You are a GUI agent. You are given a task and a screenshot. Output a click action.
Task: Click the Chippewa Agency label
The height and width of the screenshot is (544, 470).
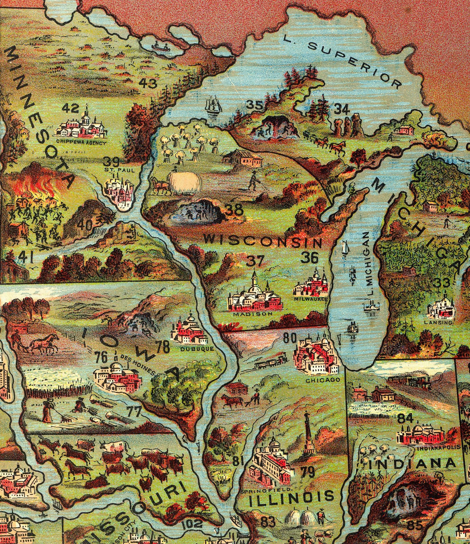(x=81, y=143)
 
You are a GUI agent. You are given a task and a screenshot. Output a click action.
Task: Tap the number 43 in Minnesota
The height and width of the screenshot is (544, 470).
(x=148, y=84)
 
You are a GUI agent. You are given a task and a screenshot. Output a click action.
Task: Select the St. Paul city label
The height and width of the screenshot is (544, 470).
(x=119, y=170)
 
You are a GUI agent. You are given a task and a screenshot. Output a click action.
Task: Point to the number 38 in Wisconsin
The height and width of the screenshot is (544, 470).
(x=234, y=210)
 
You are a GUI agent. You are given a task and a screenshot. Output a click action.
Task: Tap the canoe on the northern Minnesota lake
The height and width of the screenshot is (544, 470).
(x=160, y=47)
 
